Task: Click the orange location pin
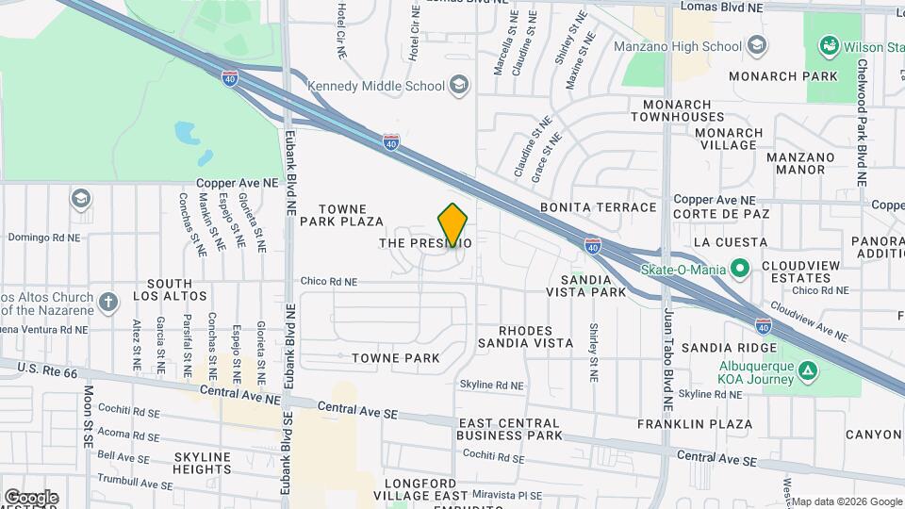coord(453,225)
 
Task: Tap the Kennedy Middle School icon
coord(458,87)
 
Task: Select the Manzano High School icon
coord(756,46)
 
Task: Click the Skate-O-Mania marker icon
coord(740,270)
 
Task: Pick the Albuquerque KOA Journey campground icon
coord(807,370)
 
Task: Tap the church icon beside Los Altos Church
coord(109,303)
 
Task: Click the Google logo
coord(30,498)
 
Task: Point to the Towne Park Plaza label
coord(341,215)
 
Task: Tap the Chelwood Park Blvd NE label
coord(862,123)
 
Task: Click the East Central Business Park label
coord(509,429)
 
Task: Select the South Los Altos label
coord(170,290)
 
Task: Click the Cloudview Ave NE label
coord(808,321)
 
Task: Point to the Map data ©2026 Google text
coord(846,501)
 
